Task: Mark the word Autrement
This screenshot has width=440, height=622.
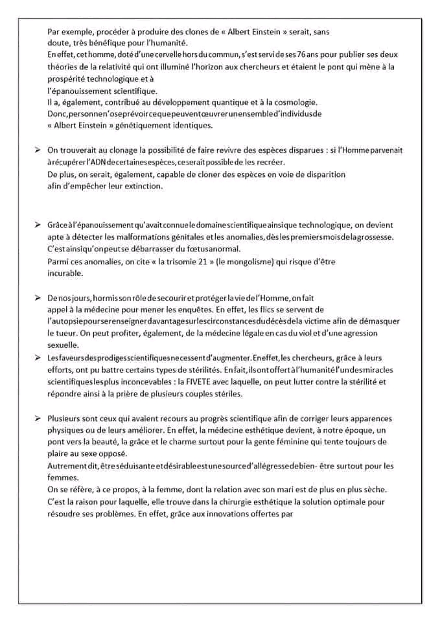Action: [67, 466]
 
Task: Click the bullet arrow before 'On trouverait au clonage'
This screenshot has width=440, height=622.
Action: [38, 150]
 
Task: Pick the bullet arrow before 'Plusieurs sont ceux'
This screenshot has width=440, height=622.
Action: [38, 418]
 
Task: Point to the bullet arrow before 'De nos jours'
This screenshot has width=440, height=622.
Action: [38, 297]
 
